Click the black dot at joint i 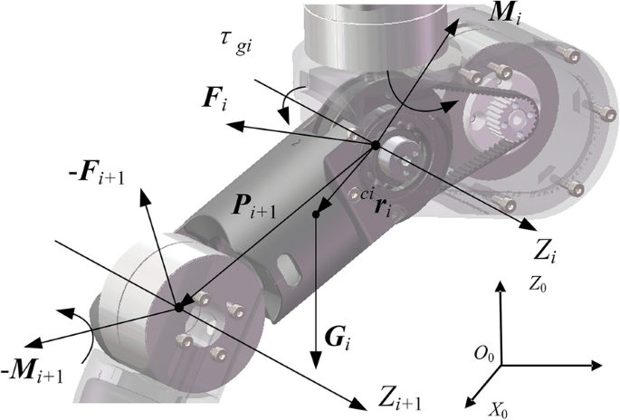click(374, 145)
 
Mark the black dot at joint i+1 click(178, 308)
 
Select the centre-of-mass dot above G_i click(317, 215)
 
